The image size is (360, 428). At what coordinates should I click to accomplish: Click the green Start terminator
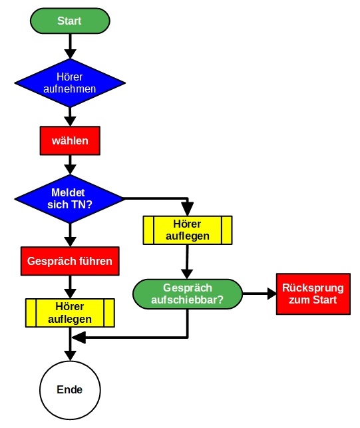coord(69,21)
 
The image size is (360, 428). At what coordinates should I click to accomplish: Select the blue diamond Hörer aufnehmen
coord(69,82)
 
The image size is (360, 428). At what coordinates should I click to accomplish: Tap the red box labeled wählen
coord(70,141)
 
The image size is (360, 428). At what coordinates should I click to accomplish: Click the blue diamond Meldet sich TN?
coord(69,198)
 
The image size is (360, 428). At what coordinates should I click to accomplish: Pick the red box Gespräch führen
coord(70,261)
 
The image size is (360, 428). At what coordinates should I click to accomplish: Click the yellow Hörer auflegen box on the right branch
coord(188,230)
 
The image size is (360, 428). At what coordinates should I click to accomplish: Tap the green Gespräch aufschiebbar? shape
coord(187,294)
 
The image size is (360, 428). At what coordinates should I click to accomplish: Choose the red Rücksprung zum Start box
coord(312,294)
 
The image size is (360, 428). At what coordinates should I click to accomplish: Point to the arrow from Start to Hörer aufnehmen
coord(69,45)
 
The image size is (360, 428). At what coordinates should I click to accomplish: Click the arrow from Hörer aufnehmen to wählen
coord(69,116)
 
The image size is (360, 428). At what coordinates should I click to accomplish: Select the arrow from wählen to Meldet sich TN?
coord(69,164)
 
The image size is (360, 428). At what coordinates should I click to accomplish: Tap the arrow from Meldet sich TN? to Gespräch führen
coord(69,233)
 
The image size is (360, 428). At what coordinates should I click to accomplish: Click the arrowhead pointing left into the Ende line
coord(79,337)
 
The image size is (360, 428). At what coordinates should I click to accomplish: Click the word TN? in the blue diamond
coord(83,204)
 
